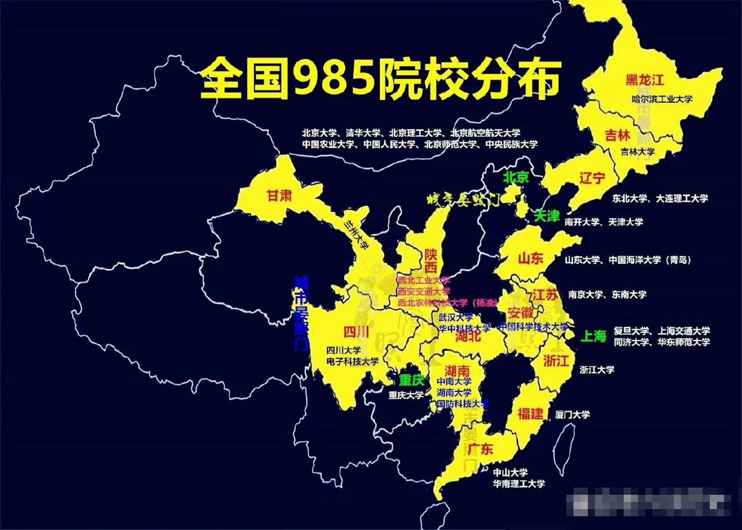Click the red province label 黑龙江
coord(645,79)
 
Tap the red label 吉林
coord(617,135)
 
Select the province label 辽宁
coord(592,178)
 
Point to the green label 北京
coord(516,177)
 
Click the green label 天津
coord(547,216)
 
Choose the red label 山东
coord(530,258)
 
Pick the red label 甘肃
coord(279,195)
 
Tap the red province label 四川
coord(356,332)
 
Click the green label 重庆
coord(412,380)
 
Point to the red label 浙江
coord(556,360)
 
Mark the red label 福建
coord(530,413)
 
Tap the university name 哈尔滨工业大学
coord(662,99)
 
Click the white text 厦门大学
coord(573,414)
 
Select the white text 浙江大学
coord(597,369)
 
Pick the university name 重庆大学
coord(406,395)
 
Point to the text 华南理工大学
coord(519,484)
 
